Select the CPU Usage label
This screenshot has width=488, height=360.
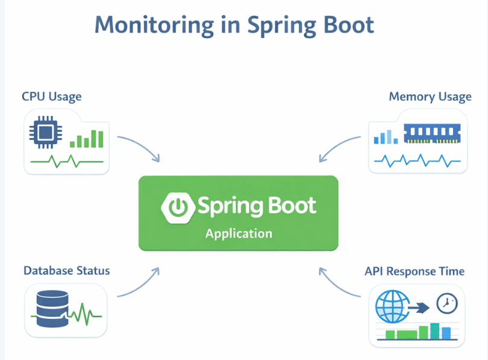click(51, 96)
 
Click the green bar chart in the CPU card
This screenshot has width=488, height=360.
click(87, 139)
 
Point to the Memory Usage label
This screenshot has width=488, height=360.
click(430, 96)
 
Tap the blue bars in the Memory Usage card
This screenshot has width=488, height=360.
click(386, 137)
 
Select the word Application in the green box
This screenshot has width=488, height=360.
click(239, 233)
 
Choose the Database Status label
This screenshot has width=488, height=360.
click(66, 270)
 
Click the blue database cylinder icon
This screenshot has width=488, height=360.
click(51, 309)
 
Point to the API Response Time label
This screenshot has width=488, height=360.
click(414, 271)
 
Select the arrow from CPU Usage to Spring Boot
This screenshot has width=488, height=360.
click(140, 147)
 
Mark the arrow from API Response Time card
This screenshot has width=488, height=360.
click(339, 283)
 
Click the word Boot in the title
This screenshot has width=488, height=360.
click(346, 25)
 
